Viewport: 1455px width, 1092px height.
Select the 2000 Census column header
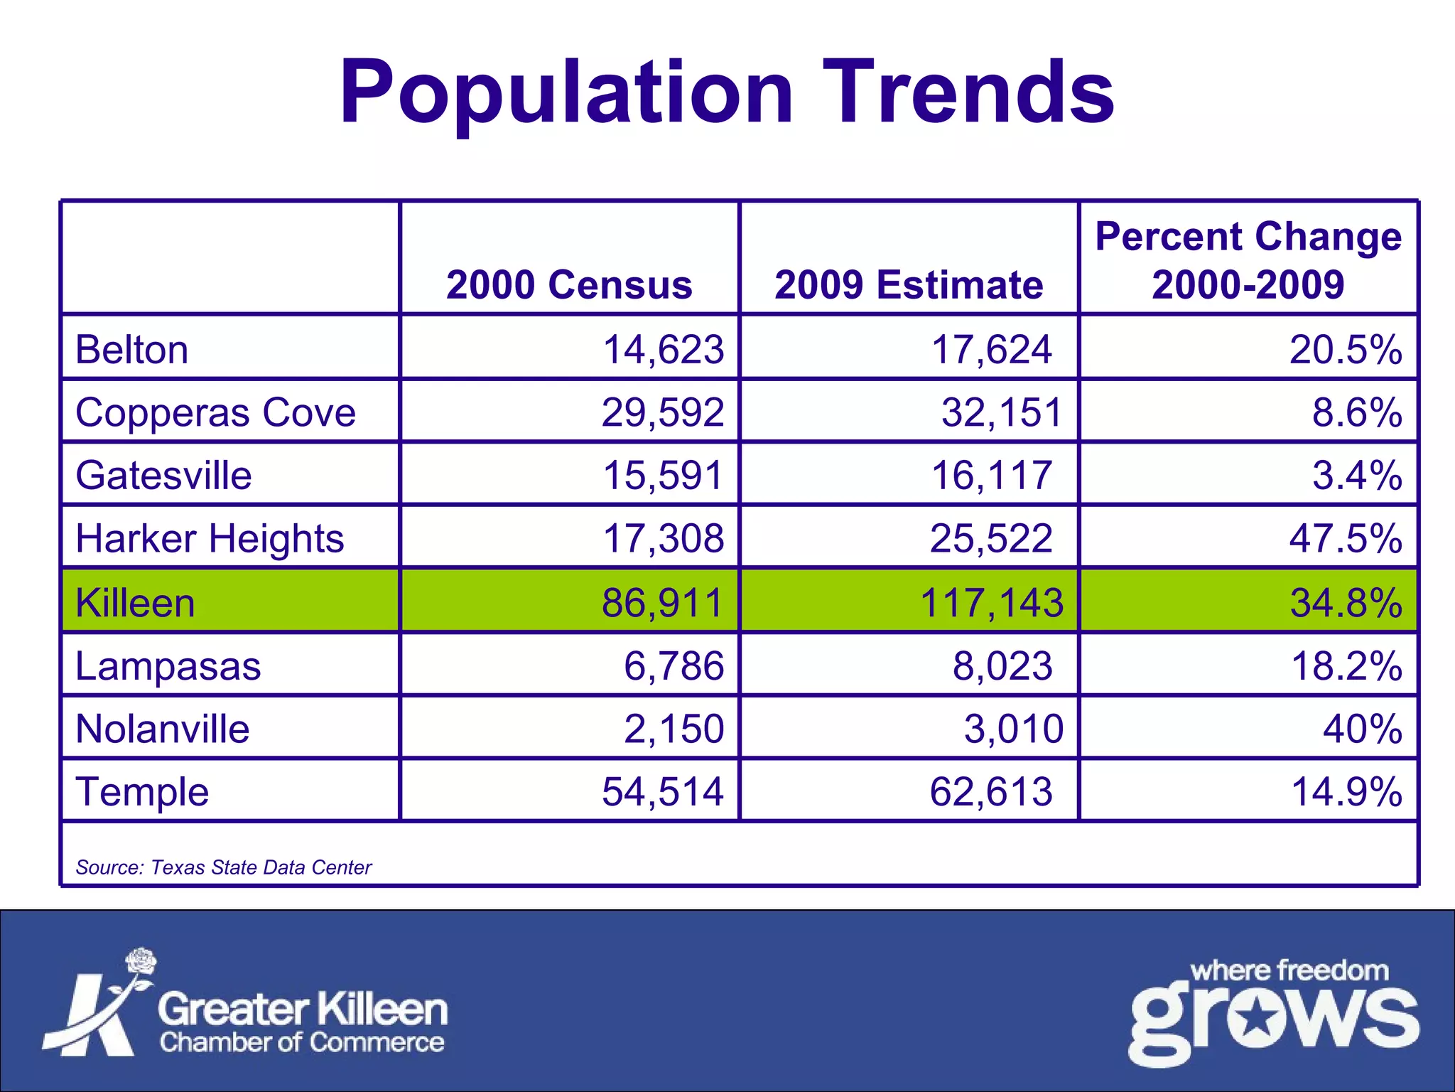569,285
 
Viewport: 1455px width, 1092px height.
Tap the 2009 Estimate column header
909,285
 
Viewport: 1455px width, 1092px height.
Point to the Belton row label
132,350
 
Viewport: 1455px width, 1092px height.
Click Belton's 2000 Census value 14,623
663,350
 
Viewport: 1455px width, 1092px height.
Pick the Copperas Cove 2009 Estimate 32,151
1001,412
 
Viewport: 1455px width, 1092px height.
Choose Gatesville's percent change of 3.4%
1357,475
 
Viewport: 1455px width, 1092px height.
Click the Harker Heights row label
210,538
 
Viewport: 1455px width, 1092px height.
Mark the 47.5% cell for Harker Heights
1346,538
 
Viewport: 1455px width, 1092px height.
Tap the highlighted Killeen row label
135,603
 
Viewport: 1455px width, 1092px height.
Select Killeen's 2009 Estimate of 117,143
991,603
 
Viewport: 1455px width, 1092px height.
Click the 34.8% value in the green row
1346,603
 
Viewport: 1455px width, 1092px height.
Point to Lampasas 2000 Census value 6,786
674,666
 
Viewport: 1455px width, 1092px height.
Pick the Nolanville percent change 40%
1362,729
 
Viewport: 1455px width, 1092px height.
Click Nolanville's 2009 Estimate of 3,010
1013,729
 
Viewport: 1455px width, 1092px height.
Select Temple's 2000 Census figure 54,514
662,791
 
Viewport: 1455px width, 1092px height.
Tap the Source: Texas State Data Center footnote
223,867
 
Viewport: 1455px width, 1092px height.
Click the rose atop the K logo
141,963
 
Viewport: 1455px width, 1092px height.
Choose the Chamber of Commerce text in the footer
302,1042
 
